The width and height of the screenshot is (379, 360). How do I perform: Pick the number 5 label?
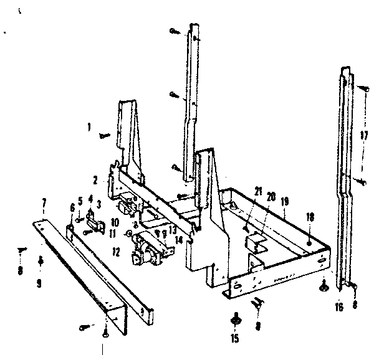tap(80, 201)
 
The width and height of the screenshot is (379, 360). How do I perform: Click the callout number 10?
tap(115, 221)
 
